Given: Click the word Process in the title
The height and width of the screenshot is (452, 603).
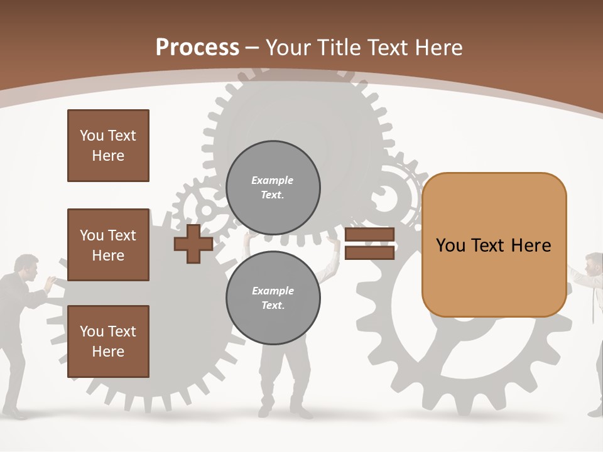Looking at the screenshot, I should click(x=197, y=48).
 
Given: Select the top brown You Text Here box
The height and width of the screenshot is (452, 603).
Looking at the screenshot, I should click(x=108, y=146).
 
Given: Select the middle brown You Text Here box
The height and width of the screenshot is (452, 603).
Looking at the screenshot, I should click(x=108, y=245).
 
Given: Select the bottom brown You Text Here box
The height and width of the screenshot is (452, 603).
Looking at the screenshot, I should click(x=108, y=342).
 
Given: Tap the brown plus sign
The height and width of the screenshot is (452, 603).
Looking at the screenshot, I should click(x=193, y=244).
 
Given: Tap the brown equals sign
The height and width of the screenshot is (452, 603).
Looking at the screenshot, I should click(x=369, y=244).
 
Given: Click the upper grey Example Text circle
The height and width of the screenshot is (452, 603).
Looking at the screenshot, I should click(x=273, y=188).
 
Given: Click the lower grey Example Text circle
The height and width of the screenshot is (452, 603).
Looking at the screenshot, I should click(x=273, y=298).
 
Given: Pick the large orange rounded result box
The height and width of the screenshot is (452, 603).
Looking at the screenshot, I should click(x=494, y=245).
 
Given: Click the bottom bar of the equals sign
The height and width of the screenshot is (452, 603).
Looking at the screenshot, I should click(x=369, y=252).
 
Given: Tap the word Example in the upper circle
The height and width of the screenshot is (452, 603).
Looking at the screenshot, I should click(x=273, y=181).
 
